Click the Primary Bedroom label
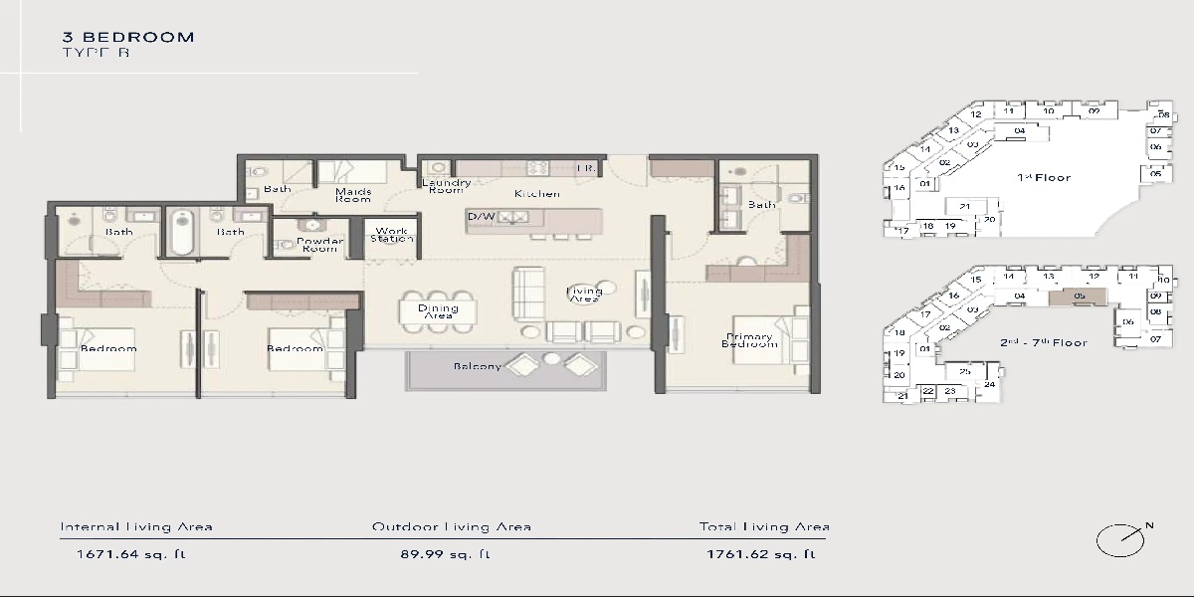click(750, 340)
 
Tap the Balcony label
click(478, 366)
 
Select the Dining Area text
click(438, 311)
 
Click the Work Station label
click(392, 235)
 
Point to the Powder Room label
click(320, 245)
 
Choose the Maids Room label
click(353, 194)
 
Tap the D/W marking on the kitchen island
click(482, 216)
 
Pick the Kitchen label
click(536, 194)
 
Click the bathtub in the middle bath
click(182, 232)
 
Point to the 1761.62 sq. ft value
click(762, 554)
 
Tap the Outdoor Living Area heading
click(451, 527)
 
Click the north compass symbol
click(1118, 540)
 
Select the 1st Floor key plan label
click(1043, 177)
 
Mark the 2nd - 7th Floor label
click(1043, 342)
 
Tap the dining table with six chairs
click(437, 310)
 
